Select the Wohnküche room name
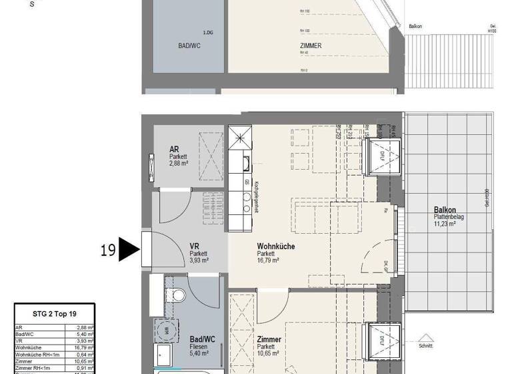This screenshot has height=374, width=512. (276, 246)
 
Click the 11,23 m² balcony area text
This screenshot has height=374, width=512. (443, 224)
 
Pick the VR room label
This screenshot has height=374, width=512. (195, 246)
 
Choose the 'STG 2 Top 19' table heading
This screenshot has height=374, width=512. (54, 313)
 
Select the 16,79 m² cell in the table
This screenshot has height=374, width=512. (84, 347)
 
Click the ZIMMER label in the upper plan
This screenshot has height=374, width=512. (311, 46)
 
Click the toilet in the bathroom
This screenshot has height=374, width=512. (176, 295)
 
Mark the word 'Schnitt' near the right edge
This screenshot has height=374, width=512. (425, 346)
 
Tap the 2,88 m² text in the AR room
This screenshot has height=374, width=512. (179, 163)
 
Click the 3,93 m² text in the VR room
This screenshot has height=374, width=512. (199, 260)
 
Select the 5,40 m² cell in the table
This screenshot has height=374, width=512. (84, 334)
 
